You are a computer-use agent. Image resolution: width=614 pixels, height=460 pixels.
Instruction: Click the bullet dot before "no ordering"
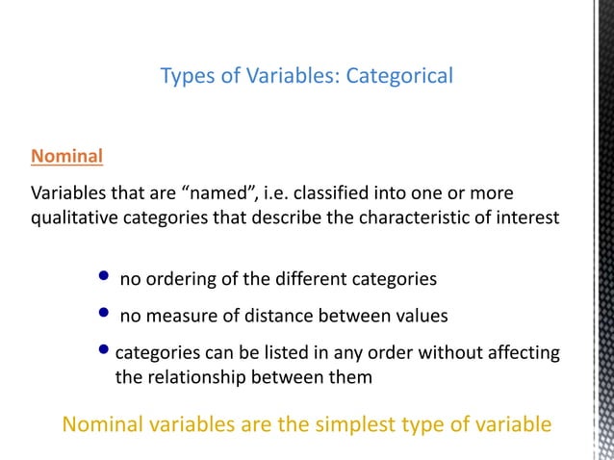pyautogui.click(x=104, y=279)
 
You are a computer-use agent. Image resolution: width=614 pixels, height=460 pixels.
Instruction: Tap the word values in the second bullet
pyautogui.click(x=422, y=316)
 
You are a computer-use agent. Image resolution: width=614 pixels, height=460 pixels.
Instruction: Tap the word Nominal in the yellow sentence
pyautogui.click(x=103, y=424)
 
